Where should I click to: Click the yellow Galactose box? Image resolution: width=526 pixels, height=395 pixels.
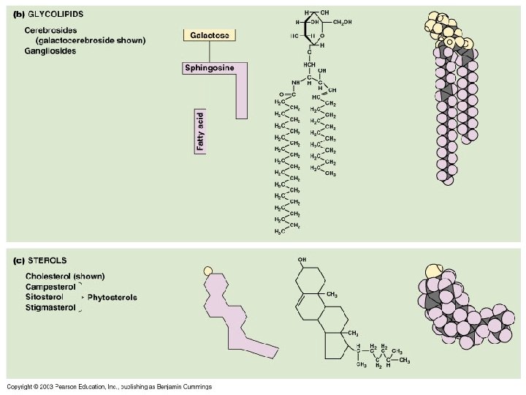(x=210, y=35)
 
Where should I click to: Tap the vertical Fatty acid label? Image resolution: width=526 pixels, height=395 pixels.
(x=201, y=131)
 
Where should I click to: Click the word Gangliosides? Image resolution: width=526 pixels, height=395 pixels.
(x=50, y=51)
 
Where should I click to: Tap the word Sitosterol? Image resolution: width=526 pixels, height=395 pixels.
(x=45, y=298)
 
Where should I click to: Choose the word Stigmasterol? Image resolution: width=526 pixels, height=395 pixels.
(x=51, y=308)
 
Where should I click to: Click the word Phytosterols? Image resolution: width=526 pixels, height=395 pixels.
(x=112, y=298)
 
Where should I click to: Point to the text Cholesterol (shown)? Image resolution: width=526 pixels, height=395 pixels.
(x=65, y=276)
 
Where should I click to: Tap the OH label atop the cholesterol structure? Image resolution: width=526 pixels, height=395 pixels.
(x=302, y=260)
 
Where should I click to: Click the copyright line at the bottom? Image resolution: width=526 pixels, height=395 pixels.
(x=109, y=386)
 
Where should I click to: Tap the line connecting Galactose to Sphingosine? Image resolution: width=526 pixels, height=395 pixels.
(x=210, y=51)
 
